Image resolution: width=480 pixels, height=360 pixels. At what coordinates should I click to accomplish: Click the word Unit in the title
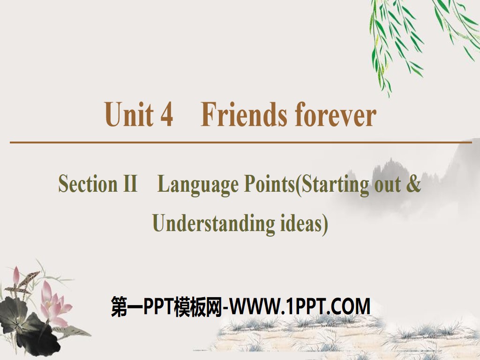coord(129,115)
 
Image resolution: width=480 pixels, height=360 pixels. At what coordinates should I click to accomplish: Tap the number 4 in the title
coord(166,115)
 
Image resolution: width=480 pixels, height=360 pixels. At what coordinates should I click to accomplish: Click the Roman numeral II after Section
coord(129,184)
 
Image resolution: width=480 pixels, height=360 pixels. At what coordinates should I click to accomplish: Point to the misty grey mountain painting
coord(398,173)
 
